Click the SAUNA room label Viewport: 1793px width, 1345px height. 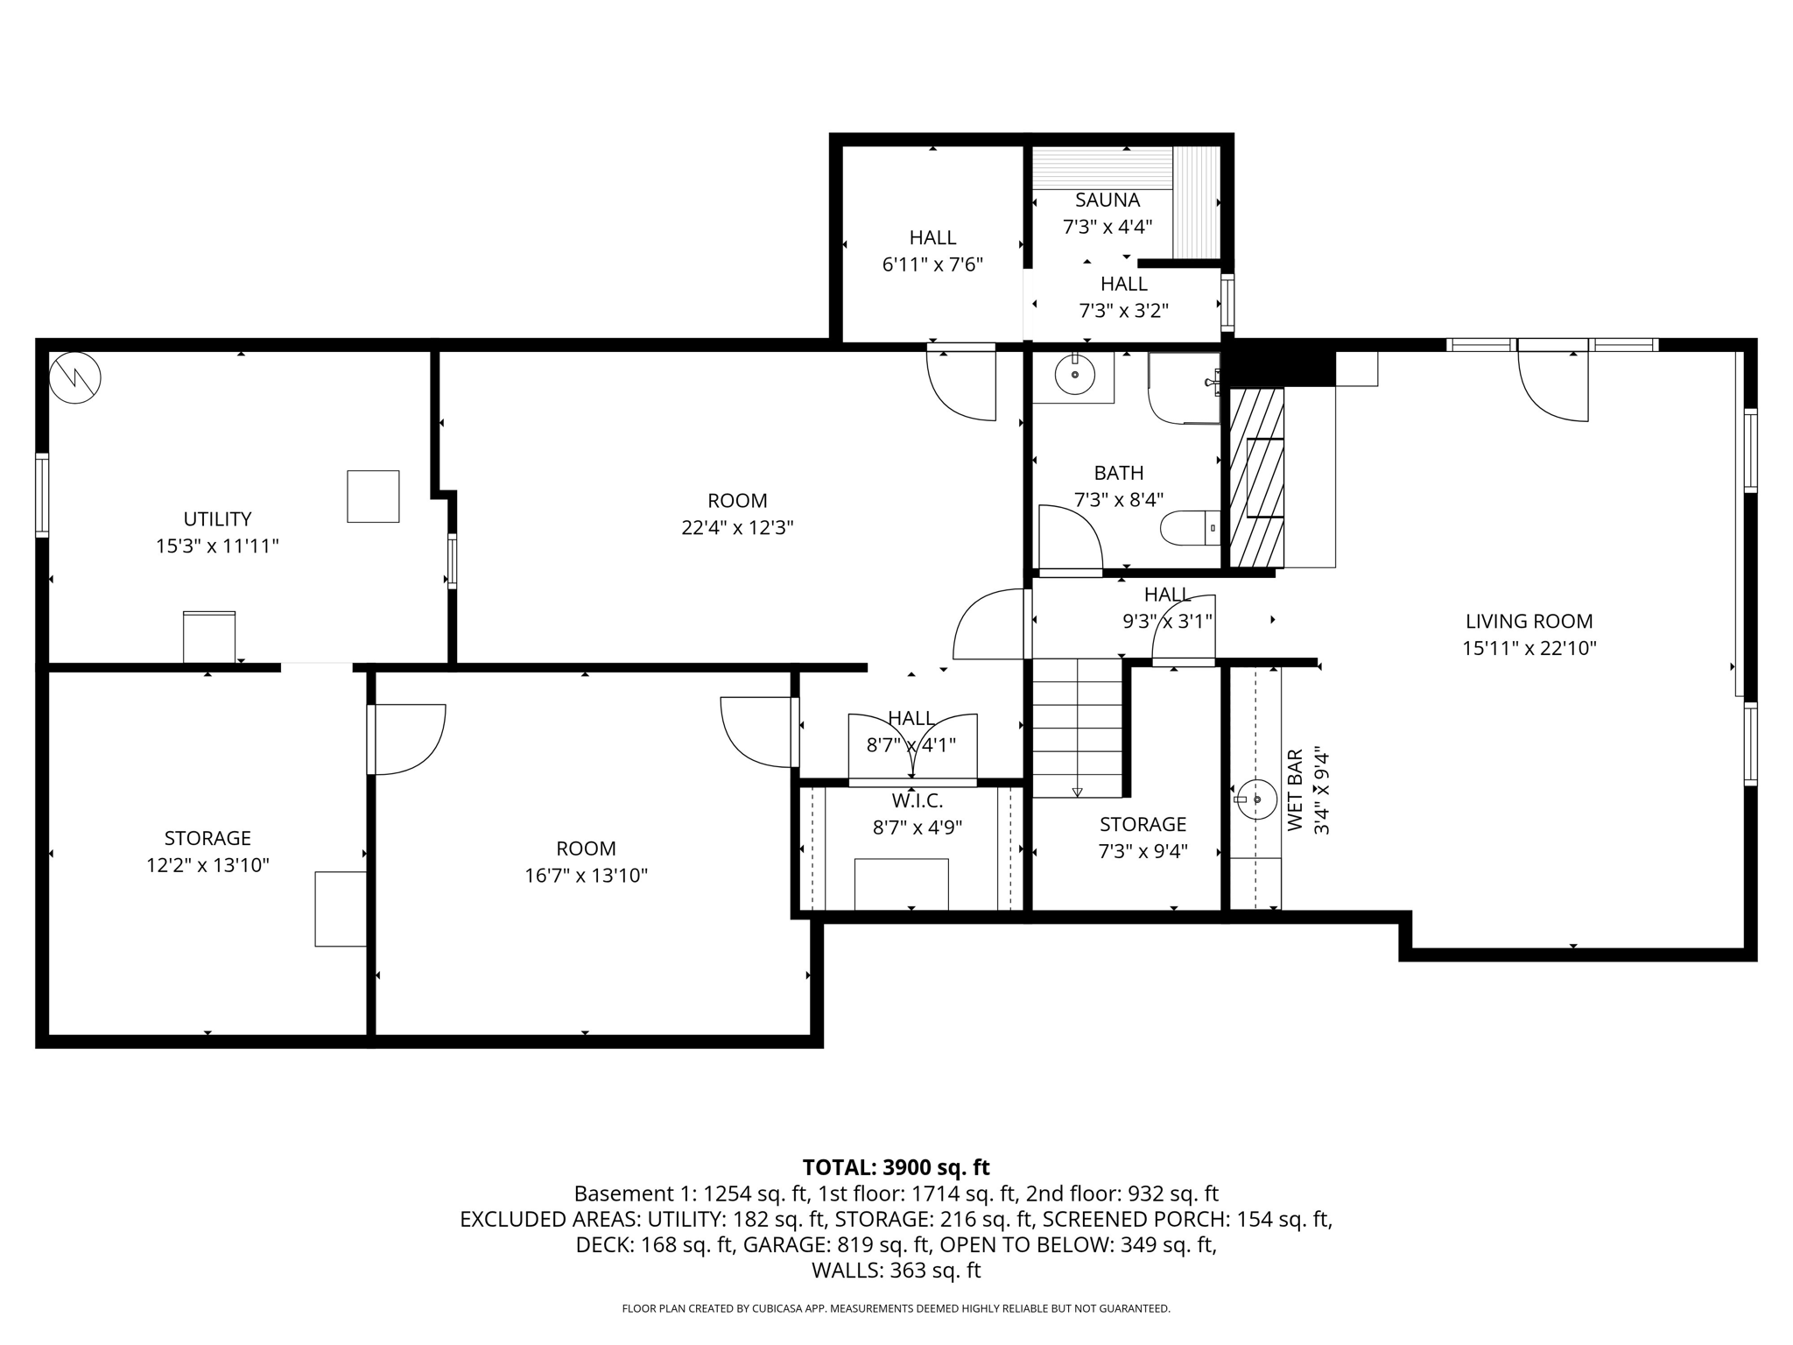click(x=1107, y=201)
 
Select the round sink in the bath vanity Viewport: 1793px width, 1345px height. click(x=1074, y=377)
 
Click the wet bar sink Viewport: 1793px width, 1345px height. click(x=1256, y=799)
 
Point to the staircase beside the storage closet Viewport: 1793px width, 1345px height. click(x=1077, y=729)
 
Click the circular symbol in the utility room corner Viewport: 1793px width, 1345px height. click(x=75, y=378)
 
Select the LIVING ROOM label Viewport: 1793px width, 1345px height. click(x=1529, y=622)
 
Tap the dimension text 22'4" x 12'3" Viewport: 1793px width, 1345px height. click(x=737, y=528)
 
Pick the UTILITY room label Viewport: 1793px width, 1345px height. click(x=217, y=518)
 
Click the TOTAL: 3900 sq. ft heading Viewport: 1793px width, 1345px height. click(x=896, y=1167)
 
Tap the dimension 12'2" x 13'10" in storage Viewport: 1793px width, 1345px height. click(x=207, y=865)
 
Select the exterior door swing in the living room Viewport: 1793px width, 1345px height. click(x=1553, y=385)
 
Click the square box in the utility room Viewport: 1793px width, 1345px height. click(x=373, y=496)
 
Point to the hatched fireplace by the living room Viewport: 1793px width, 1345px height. click(x=1257, y=477)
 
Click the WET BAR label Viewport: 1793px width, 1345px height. click(x=1296, y=790)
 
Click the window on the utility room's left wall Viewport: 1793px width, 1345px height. click(x=41, y=494)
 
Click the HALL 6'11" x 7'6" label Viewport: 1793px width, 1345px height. click(x=932, y=250)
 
